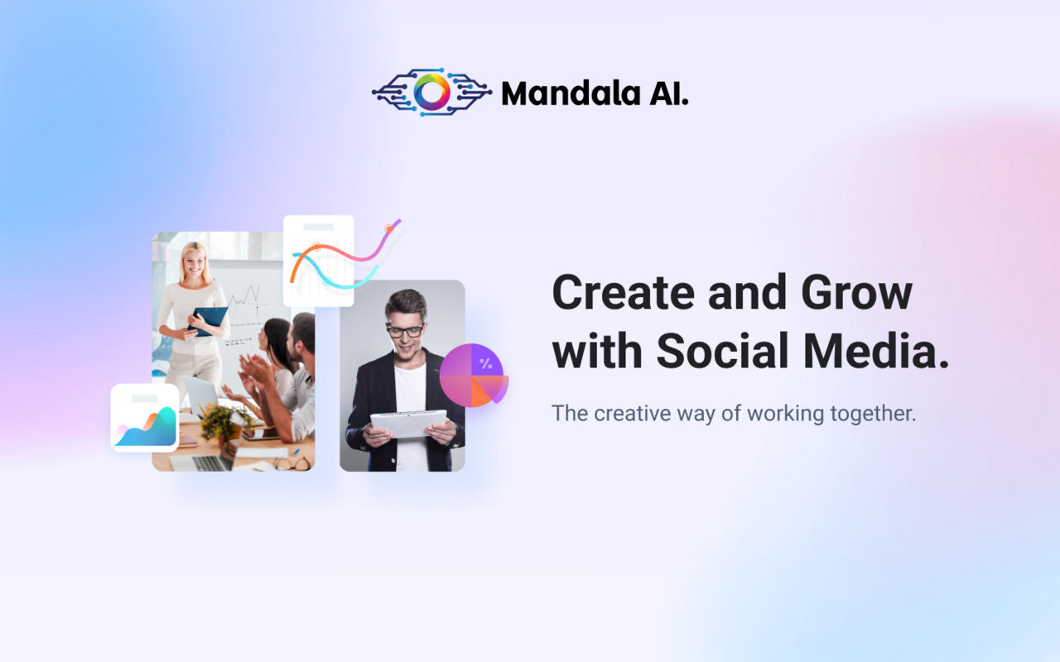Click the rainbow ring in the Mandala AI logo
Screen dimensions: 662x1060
pyautogui.click(x=431, y=92)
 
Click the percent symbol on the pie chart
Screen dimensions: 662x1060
pyautogui.click(x=485, y=363)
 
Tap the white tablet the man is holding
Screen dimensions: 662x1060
pyautogui.click(x=407, y=423)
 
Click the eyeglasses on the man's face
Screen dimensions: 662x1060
pyautogui.click(x=405, y=330)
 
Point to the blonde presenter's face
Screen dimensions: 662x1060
pyautogui.click(x=194, y=263)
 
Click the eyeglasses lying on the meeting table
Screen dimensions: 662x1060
pyautogui.click(x=291, y=463)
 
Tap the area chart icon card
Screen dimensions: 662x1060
pyautogui.click(x=145, y=418)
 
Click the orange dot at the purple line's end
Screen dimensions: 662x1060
pyautogui.click(x=388, y=228)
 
